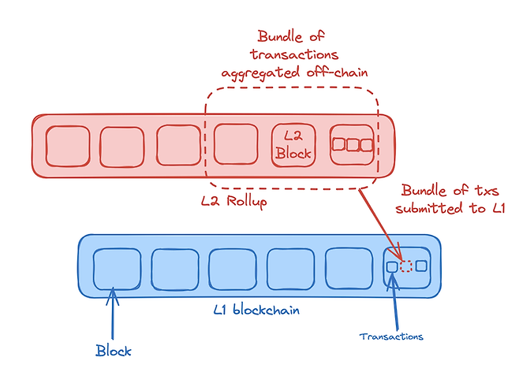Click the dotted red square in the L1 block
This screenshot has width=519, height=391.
pyautogui.click(x=406, y=266)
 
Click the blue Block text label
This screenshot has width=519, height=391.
pyautogui.click(x=114, y=350)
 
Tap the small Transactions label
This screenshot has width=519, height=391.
pyautogui.click(x=391, y=336)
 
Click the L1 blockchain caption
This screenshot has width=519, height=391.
pyautogui.click(x=258, y=310)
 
